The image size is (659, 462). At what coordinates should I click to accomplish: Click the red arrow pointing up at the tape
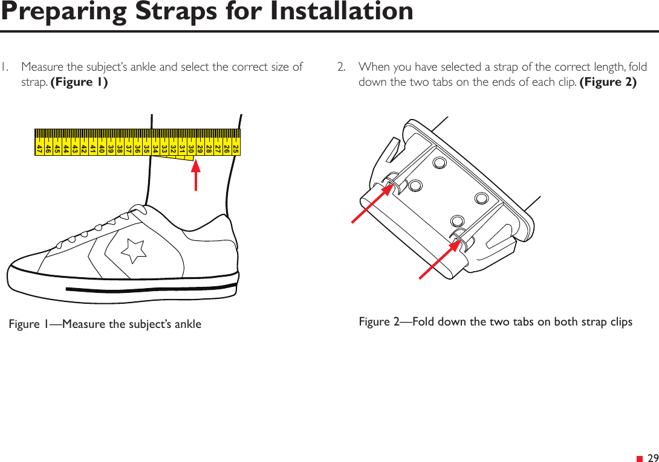tap(196, 175)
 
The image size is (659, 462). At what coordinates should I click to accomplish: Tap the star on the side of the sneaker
tap(134, 249)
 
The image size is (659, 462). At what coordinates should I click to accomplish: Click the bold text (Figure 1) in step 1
tap(79, 82)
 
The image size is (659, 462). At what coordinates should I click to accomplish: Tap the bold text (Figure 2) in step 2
tap(608, 82)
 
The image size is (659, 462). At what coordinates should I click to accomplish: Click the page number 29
tap(652, 458)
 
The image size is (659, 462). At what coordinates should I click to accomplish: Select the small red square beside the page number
tap(639, 458)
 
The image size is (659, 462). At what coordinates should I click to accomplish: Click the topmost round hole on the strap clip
tap(440, 163)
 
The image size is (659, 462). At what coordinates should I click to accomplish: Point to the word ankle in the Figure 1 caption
tap(187, 324)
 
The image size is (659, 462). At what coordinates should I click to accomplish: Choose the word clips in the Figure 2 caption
tap(619, 322)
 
